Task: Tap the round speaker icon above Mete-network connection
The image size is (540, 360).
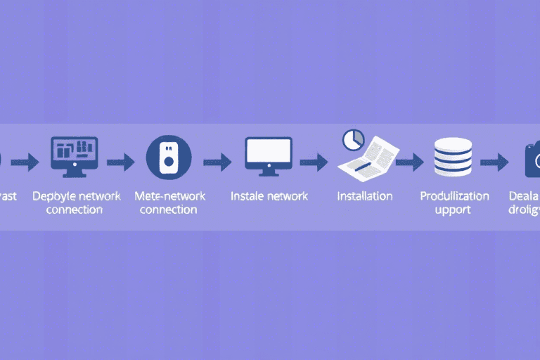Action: pos(168,157)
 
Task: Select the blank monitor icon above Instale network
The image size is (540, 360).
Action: pos(268,154)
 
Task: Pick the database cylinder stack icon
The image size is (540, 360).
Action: pos(454,157)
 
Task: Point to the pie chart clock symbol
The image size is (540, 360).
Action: pos(352,139)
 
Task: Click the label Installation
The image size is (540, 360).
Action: pos(364,195)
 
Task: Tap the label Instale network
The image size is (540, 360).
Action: pos(269,195)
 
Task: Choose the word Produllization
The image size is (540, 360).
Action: pos(454,195)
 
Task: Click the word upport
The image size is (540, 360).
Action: pos(453,210)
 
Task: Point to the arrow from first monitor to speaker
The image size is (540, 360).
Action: pos(120,162)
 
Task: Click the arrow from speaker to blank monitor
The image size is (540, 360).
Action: pos(217,162)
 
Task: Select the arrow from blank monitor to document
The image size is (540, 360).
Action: pos(314,162)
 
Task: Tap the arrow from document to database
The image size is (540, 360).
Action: pos(410,162)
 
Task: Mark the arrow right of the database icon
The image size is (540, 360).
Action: pos(494,162)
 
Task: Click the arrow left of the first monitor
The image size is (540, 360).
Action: pos(25,163)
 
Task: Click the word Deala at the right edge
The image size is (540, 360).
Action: pos(525,195)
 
